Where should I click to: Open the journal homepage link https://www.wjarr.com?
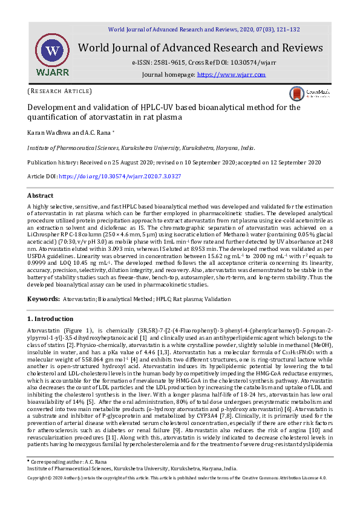(x=232, y=74)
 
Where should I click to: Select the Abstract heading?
(x=41, y=196)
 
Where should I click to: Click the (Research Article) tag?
(x=59, y=91)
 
